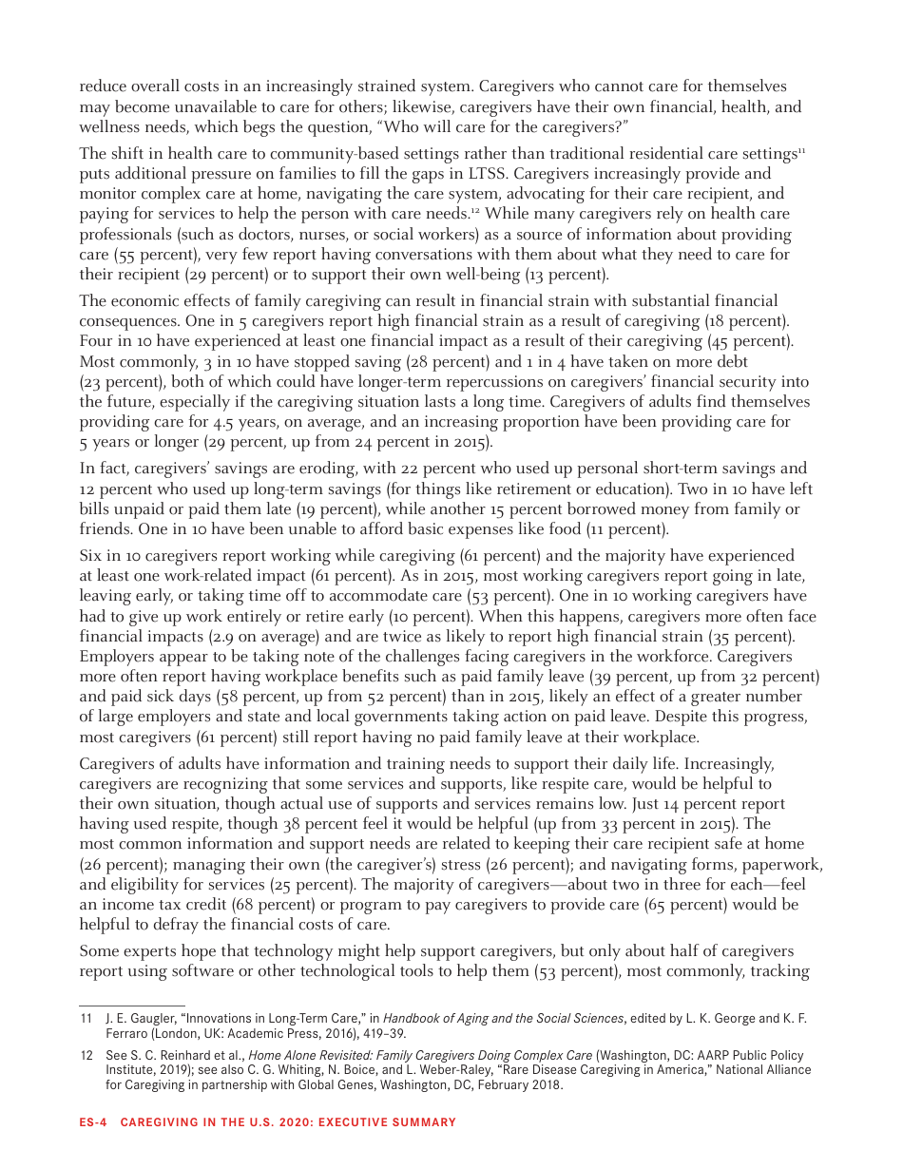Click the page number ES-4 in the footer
[x=92, y=1122]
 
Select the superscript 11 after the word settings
[x=801, y=151]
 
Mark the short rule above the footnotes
[x=131, y=1006]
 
